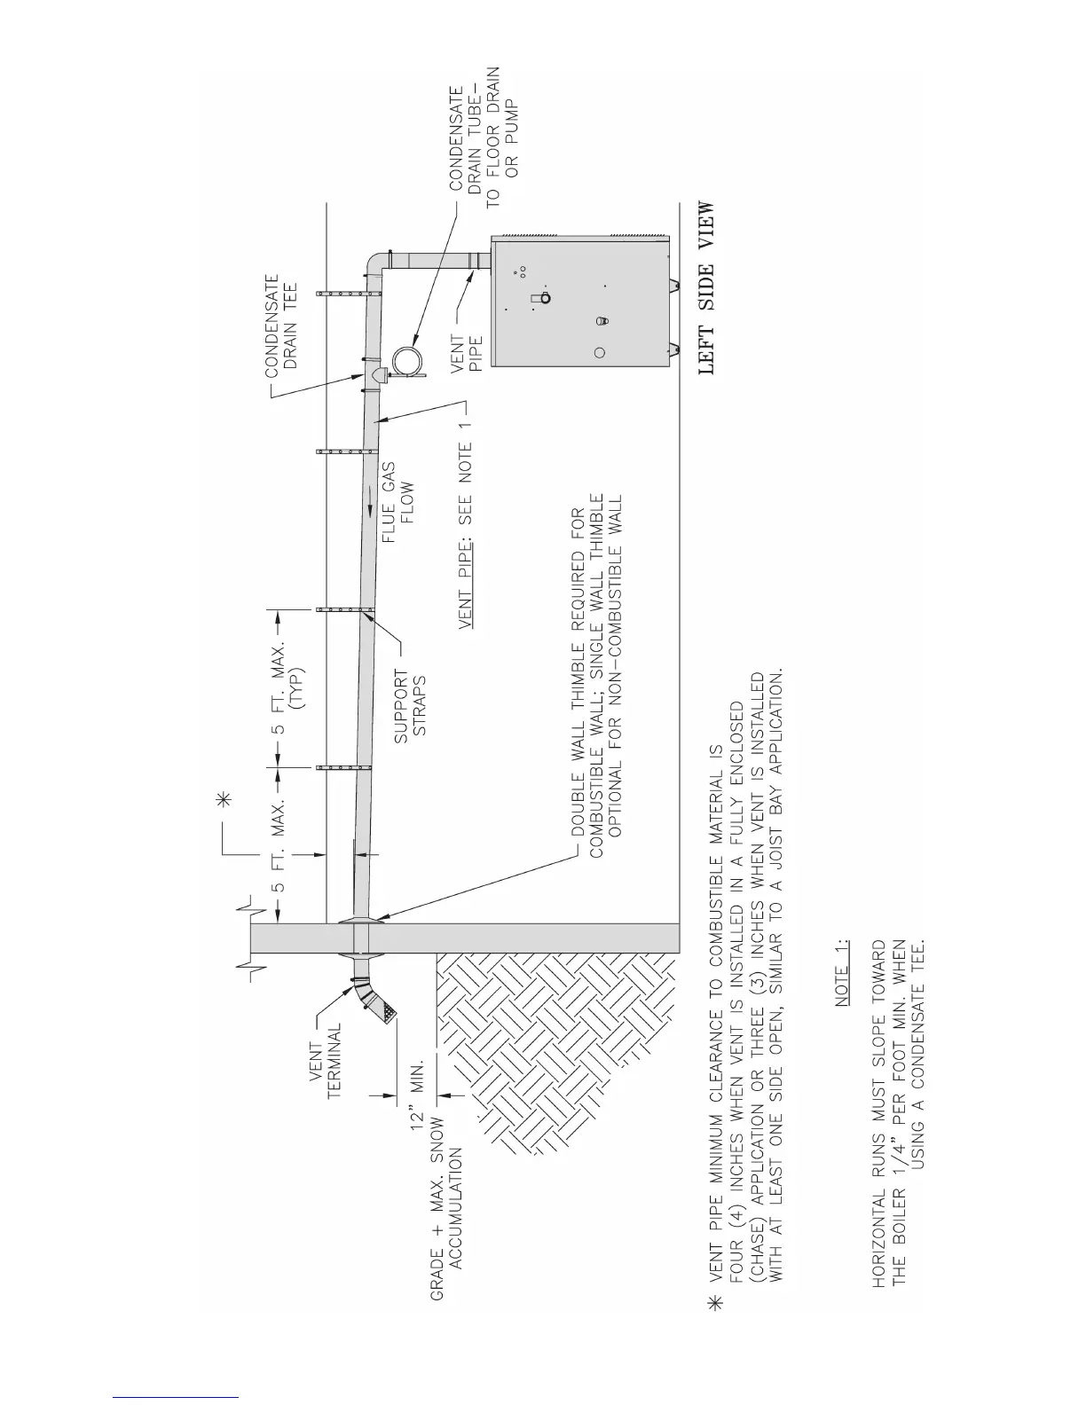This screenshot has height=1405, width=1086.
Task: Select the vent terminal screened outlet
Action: pyautogui.click(x=387, y=1010)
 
